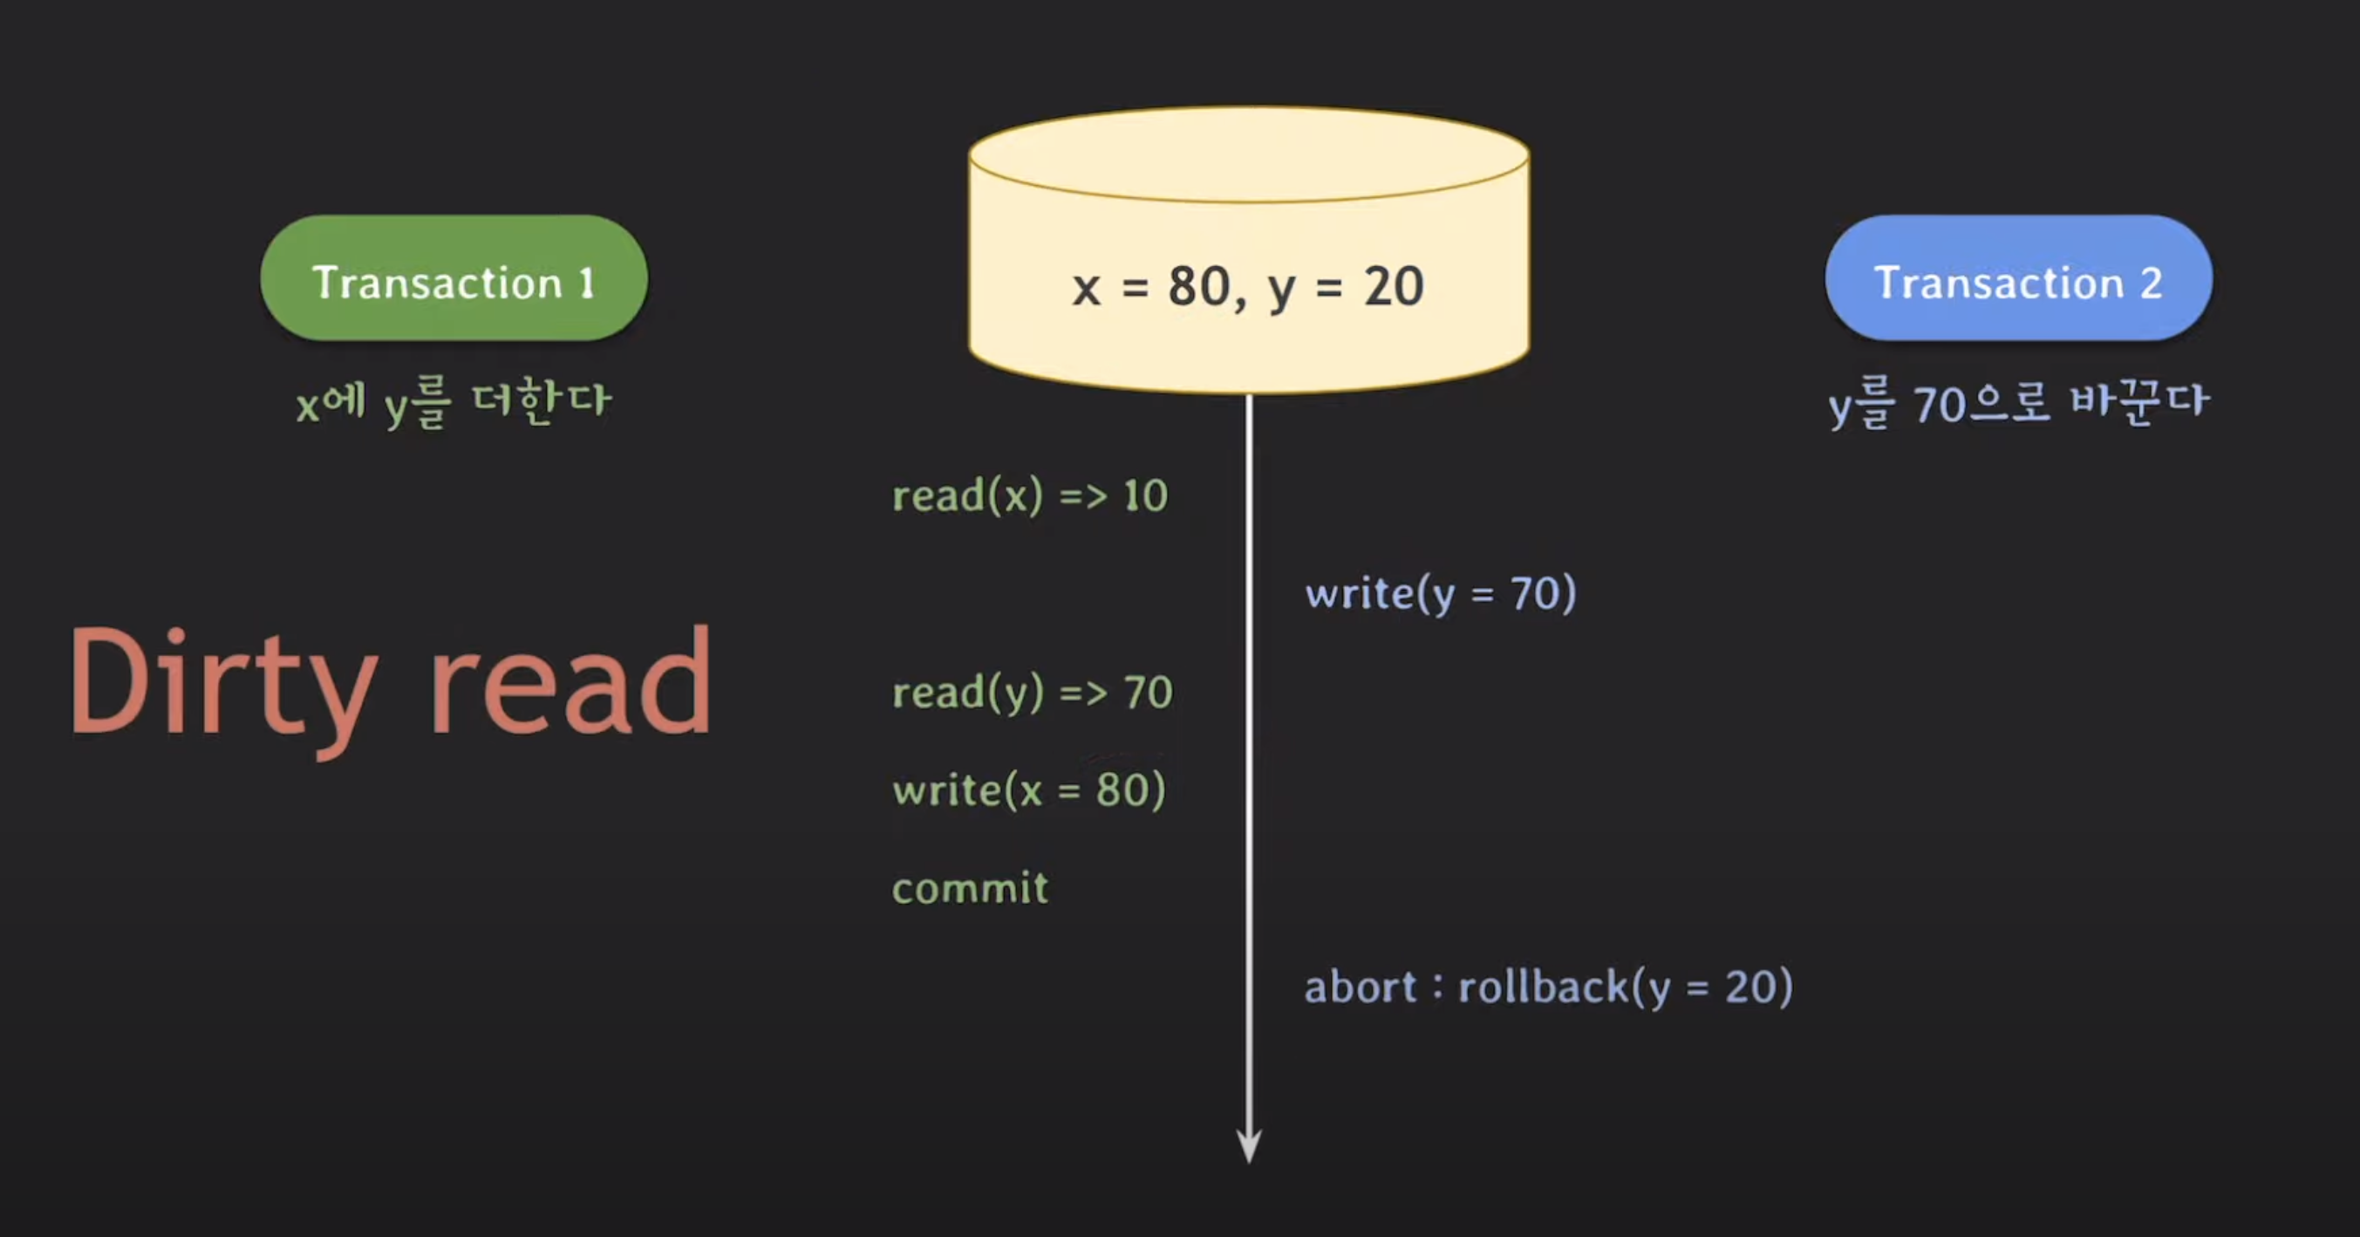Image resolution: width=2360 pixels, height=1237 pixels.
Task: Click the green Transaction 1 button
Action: [x=454, y=278]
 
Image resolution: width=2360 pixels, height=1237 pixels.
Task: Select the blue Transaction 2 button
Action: [x=2018, y=278]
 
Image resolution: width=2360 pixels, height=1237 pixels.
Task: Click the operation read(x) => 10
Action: [x=1030, y=495]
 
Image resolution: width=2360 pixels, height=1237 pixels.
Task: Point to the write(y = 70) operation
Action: [x=1440, y=594]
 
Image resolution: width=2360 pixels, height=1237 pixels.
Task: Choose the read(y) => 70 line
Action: [x=1032, y=693]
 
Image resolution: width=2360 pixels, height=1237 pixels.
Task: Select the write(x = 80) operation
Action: [x=1029, y=789]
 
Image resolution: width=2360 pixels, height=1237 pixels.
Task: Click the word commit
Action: [x=970, y=888]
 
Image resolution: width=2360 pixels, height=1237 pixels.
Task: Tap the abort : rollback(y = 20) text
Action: [x=1548, y=988]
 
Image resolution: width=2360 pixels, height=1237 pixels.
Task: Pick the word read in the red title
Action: [x=570, y=683]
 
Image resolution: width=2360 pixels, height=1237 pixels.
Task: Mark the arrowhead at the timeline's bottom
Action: [x=1249, y=1145]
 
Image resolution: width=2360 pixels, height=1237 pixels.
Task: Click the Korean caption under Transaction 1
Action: [x=454, y=402]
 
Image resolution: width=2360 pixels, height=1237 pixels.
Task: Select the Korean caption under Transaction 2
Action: [x=2018, y=404]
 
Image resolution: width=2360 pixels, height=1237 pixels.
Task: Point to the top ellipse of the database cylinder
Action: [x=1249, y=154]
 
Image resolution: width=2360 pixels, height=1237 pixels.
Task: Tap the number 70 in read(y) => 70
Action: [x=1148, y=693]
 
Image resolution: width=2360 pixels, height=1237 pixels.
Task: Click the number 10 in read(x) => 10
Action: [x=1145, y=495]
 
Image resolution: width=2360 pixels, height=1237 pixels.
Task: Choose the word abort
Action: [x=1361, y=988]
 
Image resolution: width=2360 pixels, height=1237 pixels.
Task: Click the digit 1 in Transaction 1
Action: [x=586, y=284]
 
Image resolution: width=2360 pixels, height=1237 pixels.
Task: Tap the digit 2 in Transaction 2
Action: [x=2151, y=284]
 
